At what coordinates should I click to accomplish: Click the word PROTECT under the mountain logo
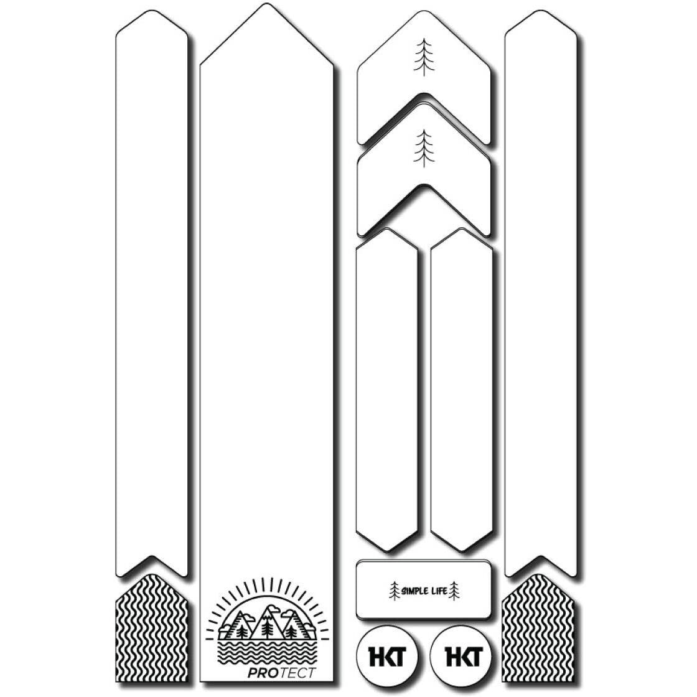(281, 673)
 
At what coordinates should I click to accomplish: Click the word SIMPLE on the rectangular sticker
(414, 591)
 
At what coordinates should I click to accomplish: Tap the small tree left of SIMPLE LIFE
(395, 591)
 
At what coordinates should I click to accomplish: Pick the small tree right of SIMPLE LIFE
(454, 591)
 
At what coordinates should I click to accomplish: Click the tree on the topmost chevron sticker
(424, 57)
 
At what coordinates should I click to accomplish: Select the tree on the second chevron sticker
(424, 149)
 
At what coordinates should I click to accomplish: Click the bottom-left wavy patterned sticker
(151, 628)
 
